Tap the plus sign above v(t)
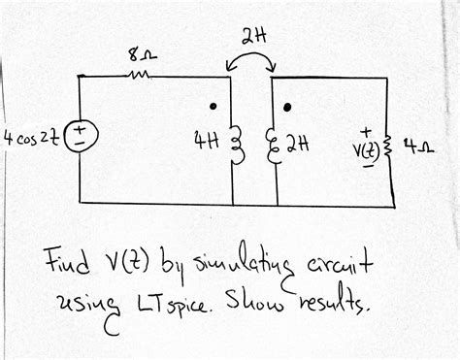click(366, 127)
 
